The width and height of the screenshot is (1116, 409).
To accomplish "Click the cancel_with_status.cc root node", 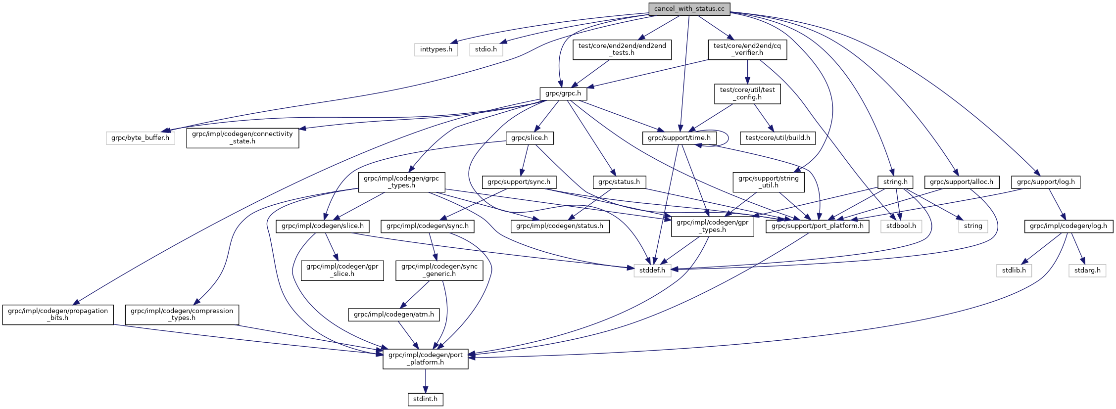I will [x=689, y=9].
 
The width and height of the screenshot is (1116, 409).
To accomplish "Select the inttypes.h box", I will [x=436, y=49].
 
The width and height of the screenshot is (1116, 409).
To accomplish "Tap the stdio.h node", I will [x=486, y=49].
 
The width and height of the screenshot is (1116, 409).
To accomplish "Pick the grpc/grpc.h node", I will [x=563, y=93].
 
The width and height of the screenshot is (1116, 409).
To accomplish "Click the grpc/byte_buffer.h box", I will [x=140, y=138].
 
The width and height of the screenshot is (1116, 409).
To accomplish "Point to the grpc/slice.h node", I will [x=529, y=138].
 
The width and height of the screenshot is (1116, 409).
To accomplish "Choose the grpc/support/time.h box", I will [x=679, y=138].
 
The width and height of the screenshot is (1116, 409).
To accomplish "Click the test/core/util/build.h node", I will [x=777, y=138].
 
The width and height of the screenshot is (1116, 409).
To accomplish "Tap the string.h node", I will [x=895, y=182].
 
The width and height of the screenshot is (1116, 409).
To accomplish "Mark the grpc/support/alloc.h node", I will [x=962, y=182].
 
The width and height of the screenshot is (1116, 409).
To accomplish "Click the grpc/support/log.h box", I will [x=1046, y=182].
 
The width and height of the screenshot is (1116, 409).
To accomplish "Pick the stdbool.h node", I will [x=901, y=226].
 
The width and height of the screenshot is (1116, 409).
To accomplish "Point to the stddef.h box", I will [x=652, y=271].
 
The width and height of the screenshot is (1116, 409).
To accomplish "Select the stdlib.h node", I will [x=1014, y=271].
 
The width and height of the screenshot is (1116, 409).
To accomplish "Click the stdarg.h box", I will [x=1087, y=271].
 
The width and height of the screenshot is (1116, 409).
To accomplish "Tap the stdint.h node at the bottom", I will [x=425, y=399].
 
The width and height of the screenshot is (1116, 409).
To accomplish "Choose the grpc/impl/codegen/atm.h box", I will [x=393, y=315].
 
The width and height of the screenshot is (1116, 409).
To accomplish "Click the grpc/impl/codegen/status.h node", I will [x=560, y=226].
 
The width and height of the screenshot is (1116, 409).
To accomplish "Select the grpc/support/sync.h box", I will [x=519, y=182].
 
